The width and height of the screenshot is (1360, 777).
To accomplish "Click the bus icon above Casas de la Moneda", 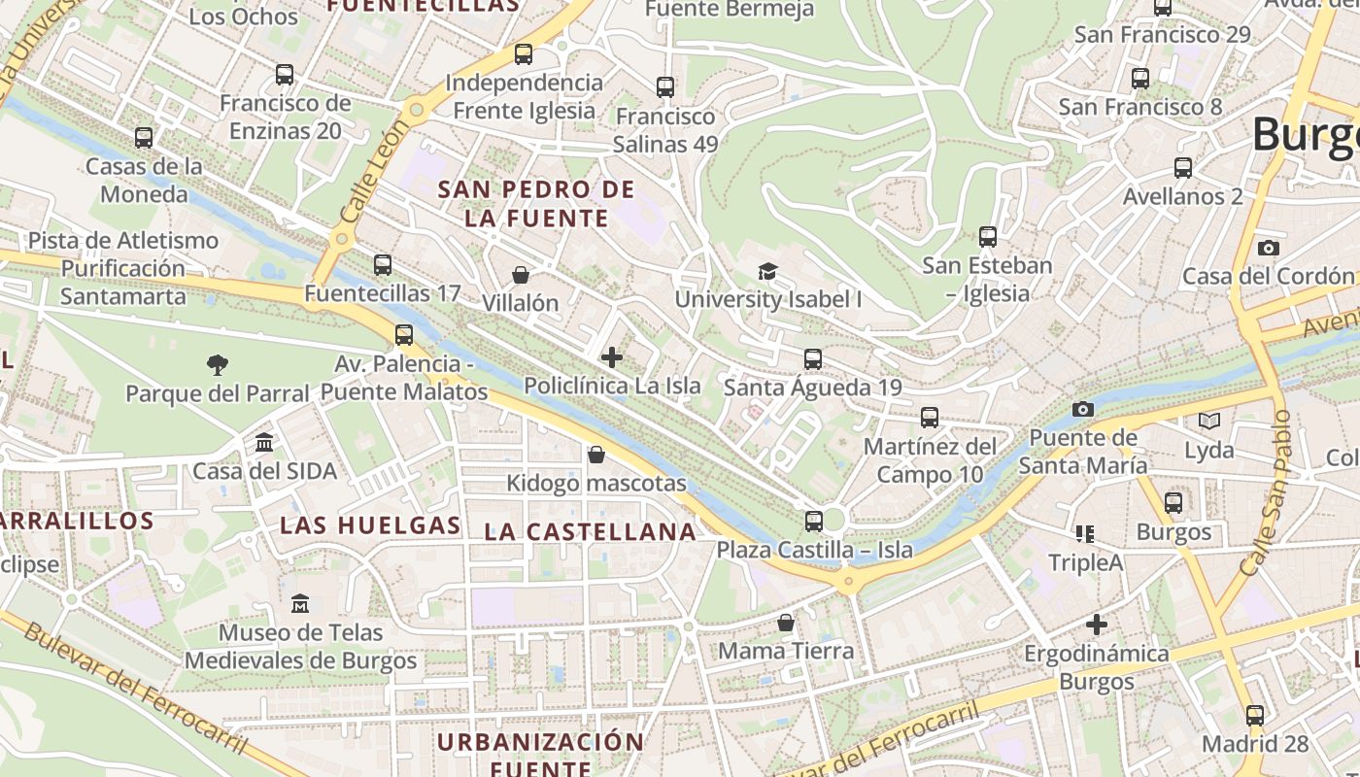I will click(x=144, y=138).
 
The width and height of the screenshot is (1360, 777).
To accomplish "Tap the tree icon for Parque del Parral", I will click(x=218, y=365).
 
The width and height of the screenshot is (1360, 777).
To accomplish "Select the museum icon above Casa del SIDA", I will click(x=263, y=443).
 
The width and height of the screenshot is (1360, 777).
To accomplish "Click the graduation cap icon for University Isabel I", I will click(x=767, y=271).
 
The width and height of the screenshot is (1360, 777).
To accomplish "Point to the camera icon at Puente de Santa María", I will click(x=1083, y=410).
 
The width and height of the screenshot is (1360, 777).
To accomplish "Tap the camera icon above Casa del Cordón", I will click(x=1268, y=248).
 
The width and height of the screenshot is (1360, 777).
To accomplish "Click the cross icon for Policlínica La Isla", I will click(x=612, y=357).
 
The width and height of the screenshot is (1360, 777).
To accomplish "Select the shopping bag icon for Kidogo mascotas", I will click(x=596, y=455).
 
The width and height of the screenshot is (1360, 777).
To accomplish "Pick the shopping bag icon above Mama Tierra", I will click(x=786, y=623).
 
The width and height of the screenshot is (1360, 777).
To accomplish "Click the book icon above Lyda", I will click(x=1208, y=422).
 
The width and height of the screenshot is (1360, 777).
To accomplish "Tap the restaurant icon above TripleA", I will click(x=1085, y=533).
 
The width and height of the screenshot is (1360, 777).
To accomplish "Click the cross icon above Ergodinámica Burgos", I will click(x=1098, y=624).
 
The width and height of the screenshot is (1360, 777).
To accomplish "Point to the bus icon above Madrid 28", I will click(x=1255, y=716).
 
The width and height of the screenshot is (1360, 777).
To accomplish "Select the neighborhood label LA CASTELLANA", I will click(x=591, y=531).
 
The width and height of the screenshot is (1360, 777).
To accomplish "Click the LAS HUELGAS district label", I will click(x=370, y=525).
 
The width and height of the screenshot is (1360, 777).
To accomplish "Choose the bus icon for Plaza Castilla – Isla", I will click(x=814, y=522).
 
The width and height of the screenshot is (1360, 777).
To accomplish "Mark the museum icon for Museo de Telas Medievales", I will click(x=300, y=603).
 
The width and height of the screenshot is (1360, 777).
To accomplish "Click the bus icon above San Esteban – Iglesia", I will click(x=988, y=237).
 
